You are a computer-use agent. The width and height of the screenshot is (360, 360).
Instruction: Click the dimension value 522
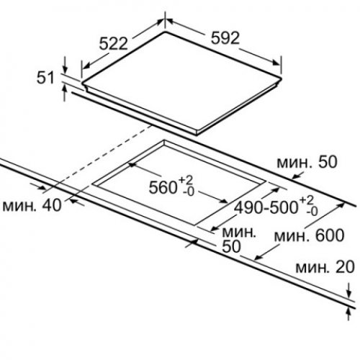[113, 44]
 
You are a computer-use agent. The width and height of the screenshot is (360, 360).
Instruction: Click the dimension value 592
[225, 38]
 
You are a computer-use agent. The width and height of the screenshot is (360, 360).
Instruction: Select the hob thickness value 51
[45, 78]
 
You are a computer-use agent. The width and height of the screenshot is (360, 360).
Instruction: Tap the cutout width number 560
[163, 187]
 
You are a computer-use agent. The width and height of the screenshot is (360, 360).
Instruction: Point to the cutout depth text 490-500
[266, 207]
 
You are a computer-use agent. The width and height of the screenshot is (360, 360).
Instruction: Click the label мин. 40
[32, 206]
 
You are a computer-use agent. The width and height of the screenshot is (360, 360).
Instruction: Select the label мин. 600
[309, 235]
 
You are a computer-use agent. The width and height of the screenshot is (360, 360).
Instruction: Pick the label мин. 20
[325, 267]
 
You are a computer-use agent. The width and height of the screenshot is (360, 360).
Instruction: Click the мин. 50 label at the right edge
[307, 162]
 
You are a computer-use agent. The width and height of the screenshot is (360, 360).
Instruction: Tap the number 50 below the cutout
[231, 246]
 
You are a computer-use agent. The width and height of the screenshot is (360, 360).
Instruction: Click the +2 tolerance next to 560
[186, 180]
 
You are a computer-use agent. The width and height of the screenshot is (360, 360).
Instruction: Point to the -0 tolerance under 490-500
[312, 212]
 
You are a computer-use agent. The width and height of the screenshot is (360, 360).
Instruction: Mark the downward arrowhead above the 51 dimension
[64, 69]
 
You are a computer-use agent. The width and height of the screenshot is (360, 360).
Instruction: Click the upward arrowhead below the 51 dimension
[64, 89]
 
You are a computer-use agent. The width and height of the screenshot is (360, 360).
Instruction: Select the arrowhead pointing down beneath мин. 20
[349, 293]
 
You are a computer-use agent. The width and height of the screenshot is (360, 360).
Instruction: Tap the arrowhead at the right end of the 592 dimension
[276, 63]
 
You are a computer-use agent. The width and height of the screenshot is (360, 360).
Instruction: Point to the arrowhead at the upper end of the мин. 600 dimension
[341, 205]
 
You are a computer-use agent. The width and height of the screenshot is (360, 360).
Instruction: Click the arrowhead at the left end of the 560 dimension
[132, 165]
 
